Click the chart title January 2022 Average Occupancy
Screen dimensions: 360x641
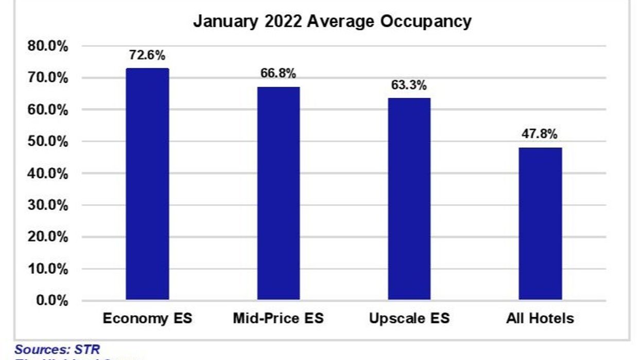[x=332, y=22]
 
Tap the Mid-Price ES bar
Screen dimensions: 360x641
[x=278, y=193]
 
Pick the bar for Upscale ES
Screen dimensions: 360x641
[x=409, y=199]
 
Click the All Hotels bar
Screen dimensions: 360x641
[x=540, y=224]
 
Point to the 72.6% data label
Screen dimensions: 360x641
[x=147, y=55]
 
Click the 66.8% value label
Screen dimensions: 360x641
[x=278, y=74]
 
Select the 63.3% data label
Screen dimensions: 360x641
[x=409, y=85]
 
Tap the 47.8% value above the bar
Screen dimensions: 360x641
[x=540, y=134]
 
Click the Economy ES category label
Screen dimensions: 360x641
[x=147, y=318]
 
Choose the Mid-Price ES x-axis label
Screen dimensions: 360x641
[x=278, y=318]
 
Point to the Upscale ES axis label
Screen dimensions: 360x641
[x=409, y=318]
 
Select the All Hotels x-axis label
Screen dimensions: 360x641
[x=540, y=318]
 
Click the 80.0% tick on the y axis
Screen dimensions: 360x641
[x=47, y=46]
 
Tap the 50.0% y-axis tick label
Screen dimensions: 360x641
[x=47, y=142]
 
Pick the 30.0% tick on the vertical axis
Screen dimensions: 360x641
[x=47, y=205]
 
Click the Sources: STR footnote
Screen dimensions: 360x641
[x=57, y=350]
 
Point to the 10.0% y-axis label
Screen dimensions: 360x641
[x=47, y=269]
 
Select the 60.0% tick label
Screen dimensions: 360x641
[x=47, y=110]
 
